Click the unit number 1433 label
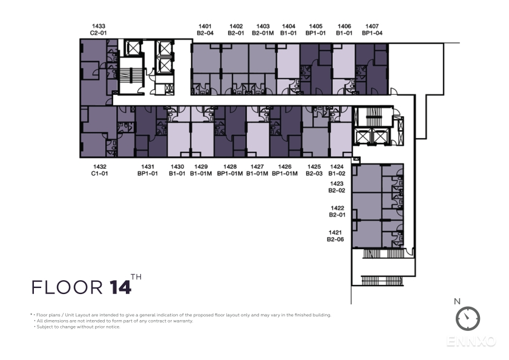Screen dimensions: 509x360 point(99,26)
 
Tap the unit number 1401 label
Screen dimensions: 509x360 point(205,26)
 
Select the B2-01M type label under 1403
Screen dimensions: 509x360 point(263,33)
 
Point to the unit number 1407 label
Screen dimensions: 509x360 point(372,26)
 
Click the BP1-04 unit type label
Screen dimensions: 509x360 point(372,33)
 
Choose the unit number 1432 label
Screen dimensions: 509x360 point(99,166)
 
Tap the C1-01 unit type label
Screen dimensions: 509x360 point(99,174)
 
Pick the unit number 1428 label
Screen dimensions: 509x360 point(230,166)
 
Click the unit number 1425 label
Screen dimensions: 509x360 point(314,166)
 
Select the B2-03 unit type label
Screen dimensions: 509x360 point(314,174)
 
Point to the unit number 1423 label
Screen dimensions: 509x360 point(337,183)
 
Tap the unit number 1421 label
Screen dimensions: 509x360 point(335,232)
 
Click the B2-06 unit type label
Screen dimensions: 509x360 point(335,239)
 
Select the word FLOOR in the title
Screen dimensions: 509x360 point(67,287)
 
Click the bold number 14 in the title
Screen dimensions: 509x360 point(120,287)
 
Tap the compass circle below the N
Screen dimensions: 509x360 point(468,318)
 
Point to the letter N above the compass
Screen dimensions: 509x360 point(457,301)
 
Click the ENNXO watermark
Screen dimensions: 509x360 point(471,341)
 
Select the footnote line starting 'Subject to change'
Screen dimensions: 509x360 point(77,327)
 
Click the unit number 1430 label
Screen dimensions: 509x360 point(177,166)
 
